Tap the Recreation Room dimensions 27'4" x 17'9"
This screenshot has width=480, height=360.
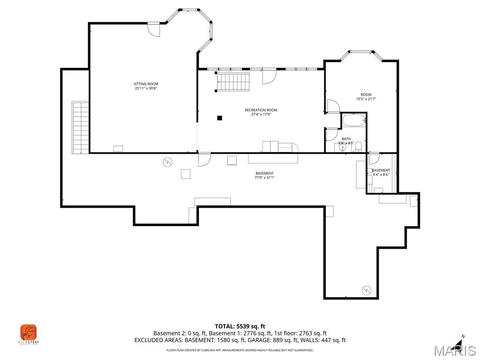click(x=261, y=114)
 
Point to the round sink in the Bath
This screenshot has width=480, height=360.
click(x=342, y=148)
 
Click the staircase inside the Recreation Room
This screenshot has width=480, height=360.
click(x=233, y=82)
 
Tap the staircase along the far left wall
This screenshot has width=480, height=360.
click(x=80, y=127)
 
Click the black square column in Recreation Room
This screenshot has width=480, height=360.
click(x=219, y=118)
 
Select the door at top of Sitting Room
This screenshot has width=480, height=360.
click(x=154, y=29)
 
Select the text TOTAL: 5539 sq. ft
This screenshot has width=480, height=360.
click(x=240, y=326)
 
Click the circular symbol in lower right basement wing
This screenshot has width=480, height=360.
click(x=366, y=290)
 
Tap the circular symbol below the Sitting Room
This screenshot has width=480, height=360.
click(x=167, y=162)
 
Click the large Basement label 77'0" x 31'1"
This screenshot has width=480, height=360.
click(x=264, y=175)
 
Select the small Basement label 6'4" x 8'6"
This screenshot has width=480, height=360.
click(x=381, y=172)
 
